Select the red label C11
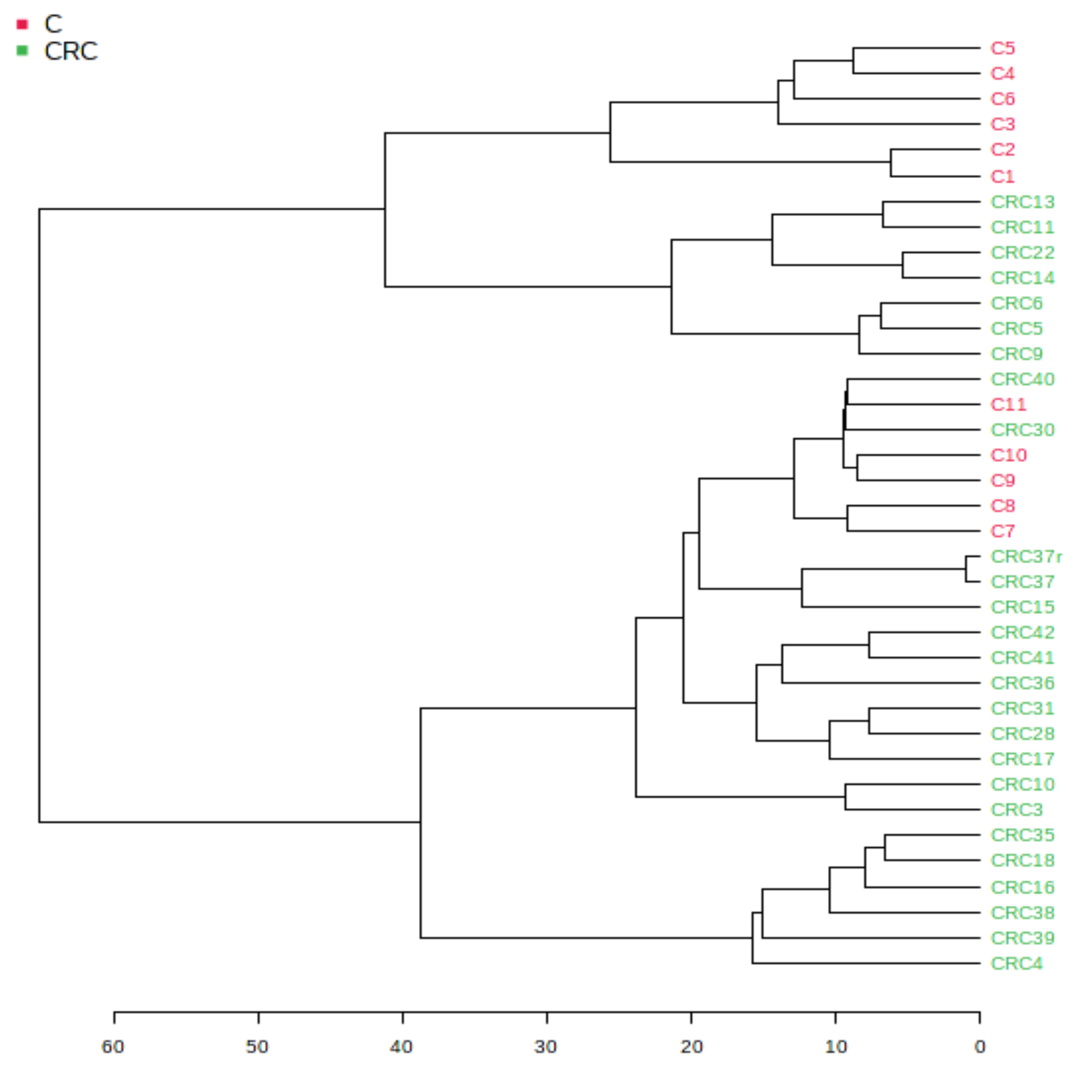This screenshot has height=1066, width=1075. (1008, 404)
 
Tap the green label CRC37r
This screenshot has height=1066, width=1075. (1025, 556)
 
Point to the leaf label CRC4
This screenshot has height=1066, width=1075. (1016, 963)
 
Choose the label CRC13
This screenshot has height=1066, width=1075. (1022, 202)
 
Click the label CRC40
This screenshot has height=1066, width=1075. (1022, 379)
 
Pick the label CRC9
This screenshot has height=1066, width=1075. (1016, 353)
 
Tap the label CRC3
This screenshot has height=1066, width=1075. (1016, 810)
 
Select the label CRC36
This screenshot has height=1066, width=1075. (1022, 683)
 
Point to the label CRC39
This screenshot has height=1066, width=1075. (1022, 938)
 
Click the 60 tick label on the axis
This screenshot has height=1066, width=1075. (113, 1047)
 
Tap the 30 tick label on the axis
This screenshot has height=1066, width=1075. (545, 1047)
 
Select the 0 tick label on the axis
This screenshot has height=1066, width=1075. (980, 1047)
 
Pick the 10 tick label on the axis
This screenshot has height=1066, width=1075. (835, 1047)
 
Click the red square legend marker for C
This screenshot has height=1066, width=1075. (22, 24)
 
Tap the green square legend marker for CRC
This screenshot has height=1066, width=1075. (22, 51)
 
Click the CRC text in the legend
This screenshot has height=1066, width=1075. (71, 51)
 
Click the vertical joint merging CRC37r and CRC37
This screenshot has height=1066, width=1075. (966, 569)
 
